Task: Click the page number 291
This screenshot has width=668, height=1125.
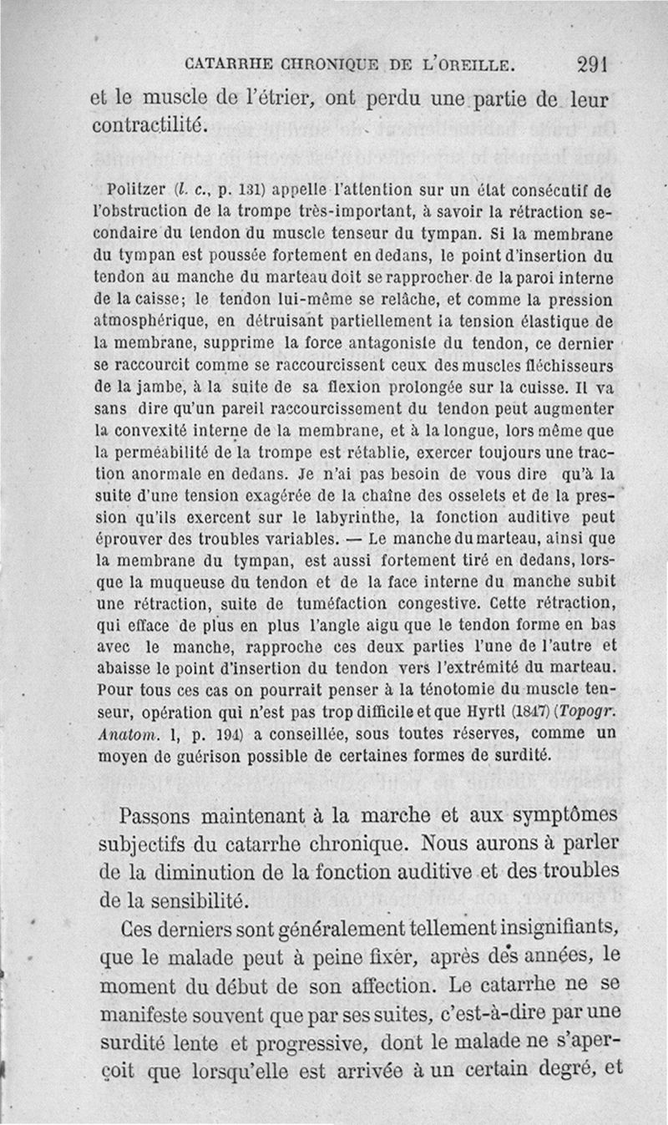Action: (x=595, y=63)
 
